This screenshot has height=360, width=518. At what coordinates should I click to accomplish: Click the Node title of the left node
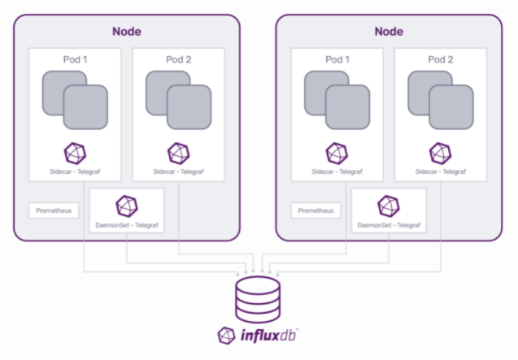click(126, 32)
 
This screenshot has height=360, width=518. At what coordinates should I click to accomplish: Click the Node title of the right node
click(389, 32)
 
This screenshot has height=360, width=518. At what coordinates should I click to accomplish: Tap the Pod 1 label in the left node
click(75, 60)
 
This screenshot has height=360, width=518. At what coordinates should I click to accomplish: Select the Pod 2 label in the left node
click(178, 60)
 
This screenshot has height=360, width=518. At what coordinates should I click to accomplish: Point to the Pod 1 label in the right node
click(337, 60)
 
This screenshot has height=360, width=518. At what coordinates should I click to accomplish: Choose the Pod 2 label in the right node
click(441, 60)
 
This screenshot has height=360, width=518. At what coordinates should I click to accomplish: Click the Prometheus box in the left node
click(54, 210)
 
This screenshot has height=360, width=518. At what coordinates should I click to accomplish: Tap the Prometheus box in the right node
click(316, 210)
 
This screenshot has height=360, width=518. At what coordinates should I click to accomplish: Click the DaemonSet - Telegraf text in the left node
click(127, 223)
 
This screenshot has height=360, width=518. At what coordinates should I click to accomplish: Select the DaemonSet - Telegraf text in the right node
click(390, 223)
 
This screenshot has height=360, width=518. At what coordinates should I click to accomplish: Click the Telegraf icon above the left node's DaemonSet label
click(127, 206)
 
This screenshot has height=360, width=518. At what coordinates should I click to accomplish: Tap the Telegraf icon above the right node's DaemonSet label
click(390, 206)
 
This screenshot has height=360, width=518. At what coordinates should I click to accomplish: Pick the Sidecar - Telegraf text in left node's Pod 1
click(75, 172)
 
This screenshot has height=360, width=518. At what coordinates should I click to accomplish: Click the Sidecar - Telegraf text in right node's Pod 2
click(441, 172)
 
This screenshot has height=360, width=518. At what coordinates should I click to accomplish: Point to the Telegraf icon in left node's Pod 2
click(178, 154)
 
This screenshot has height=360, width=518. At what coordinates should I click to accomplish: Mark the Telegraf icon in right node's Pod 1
click(337, 154)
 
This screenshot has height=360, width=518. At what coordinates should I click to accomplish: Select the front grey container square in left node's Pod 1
click(85, 106)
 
